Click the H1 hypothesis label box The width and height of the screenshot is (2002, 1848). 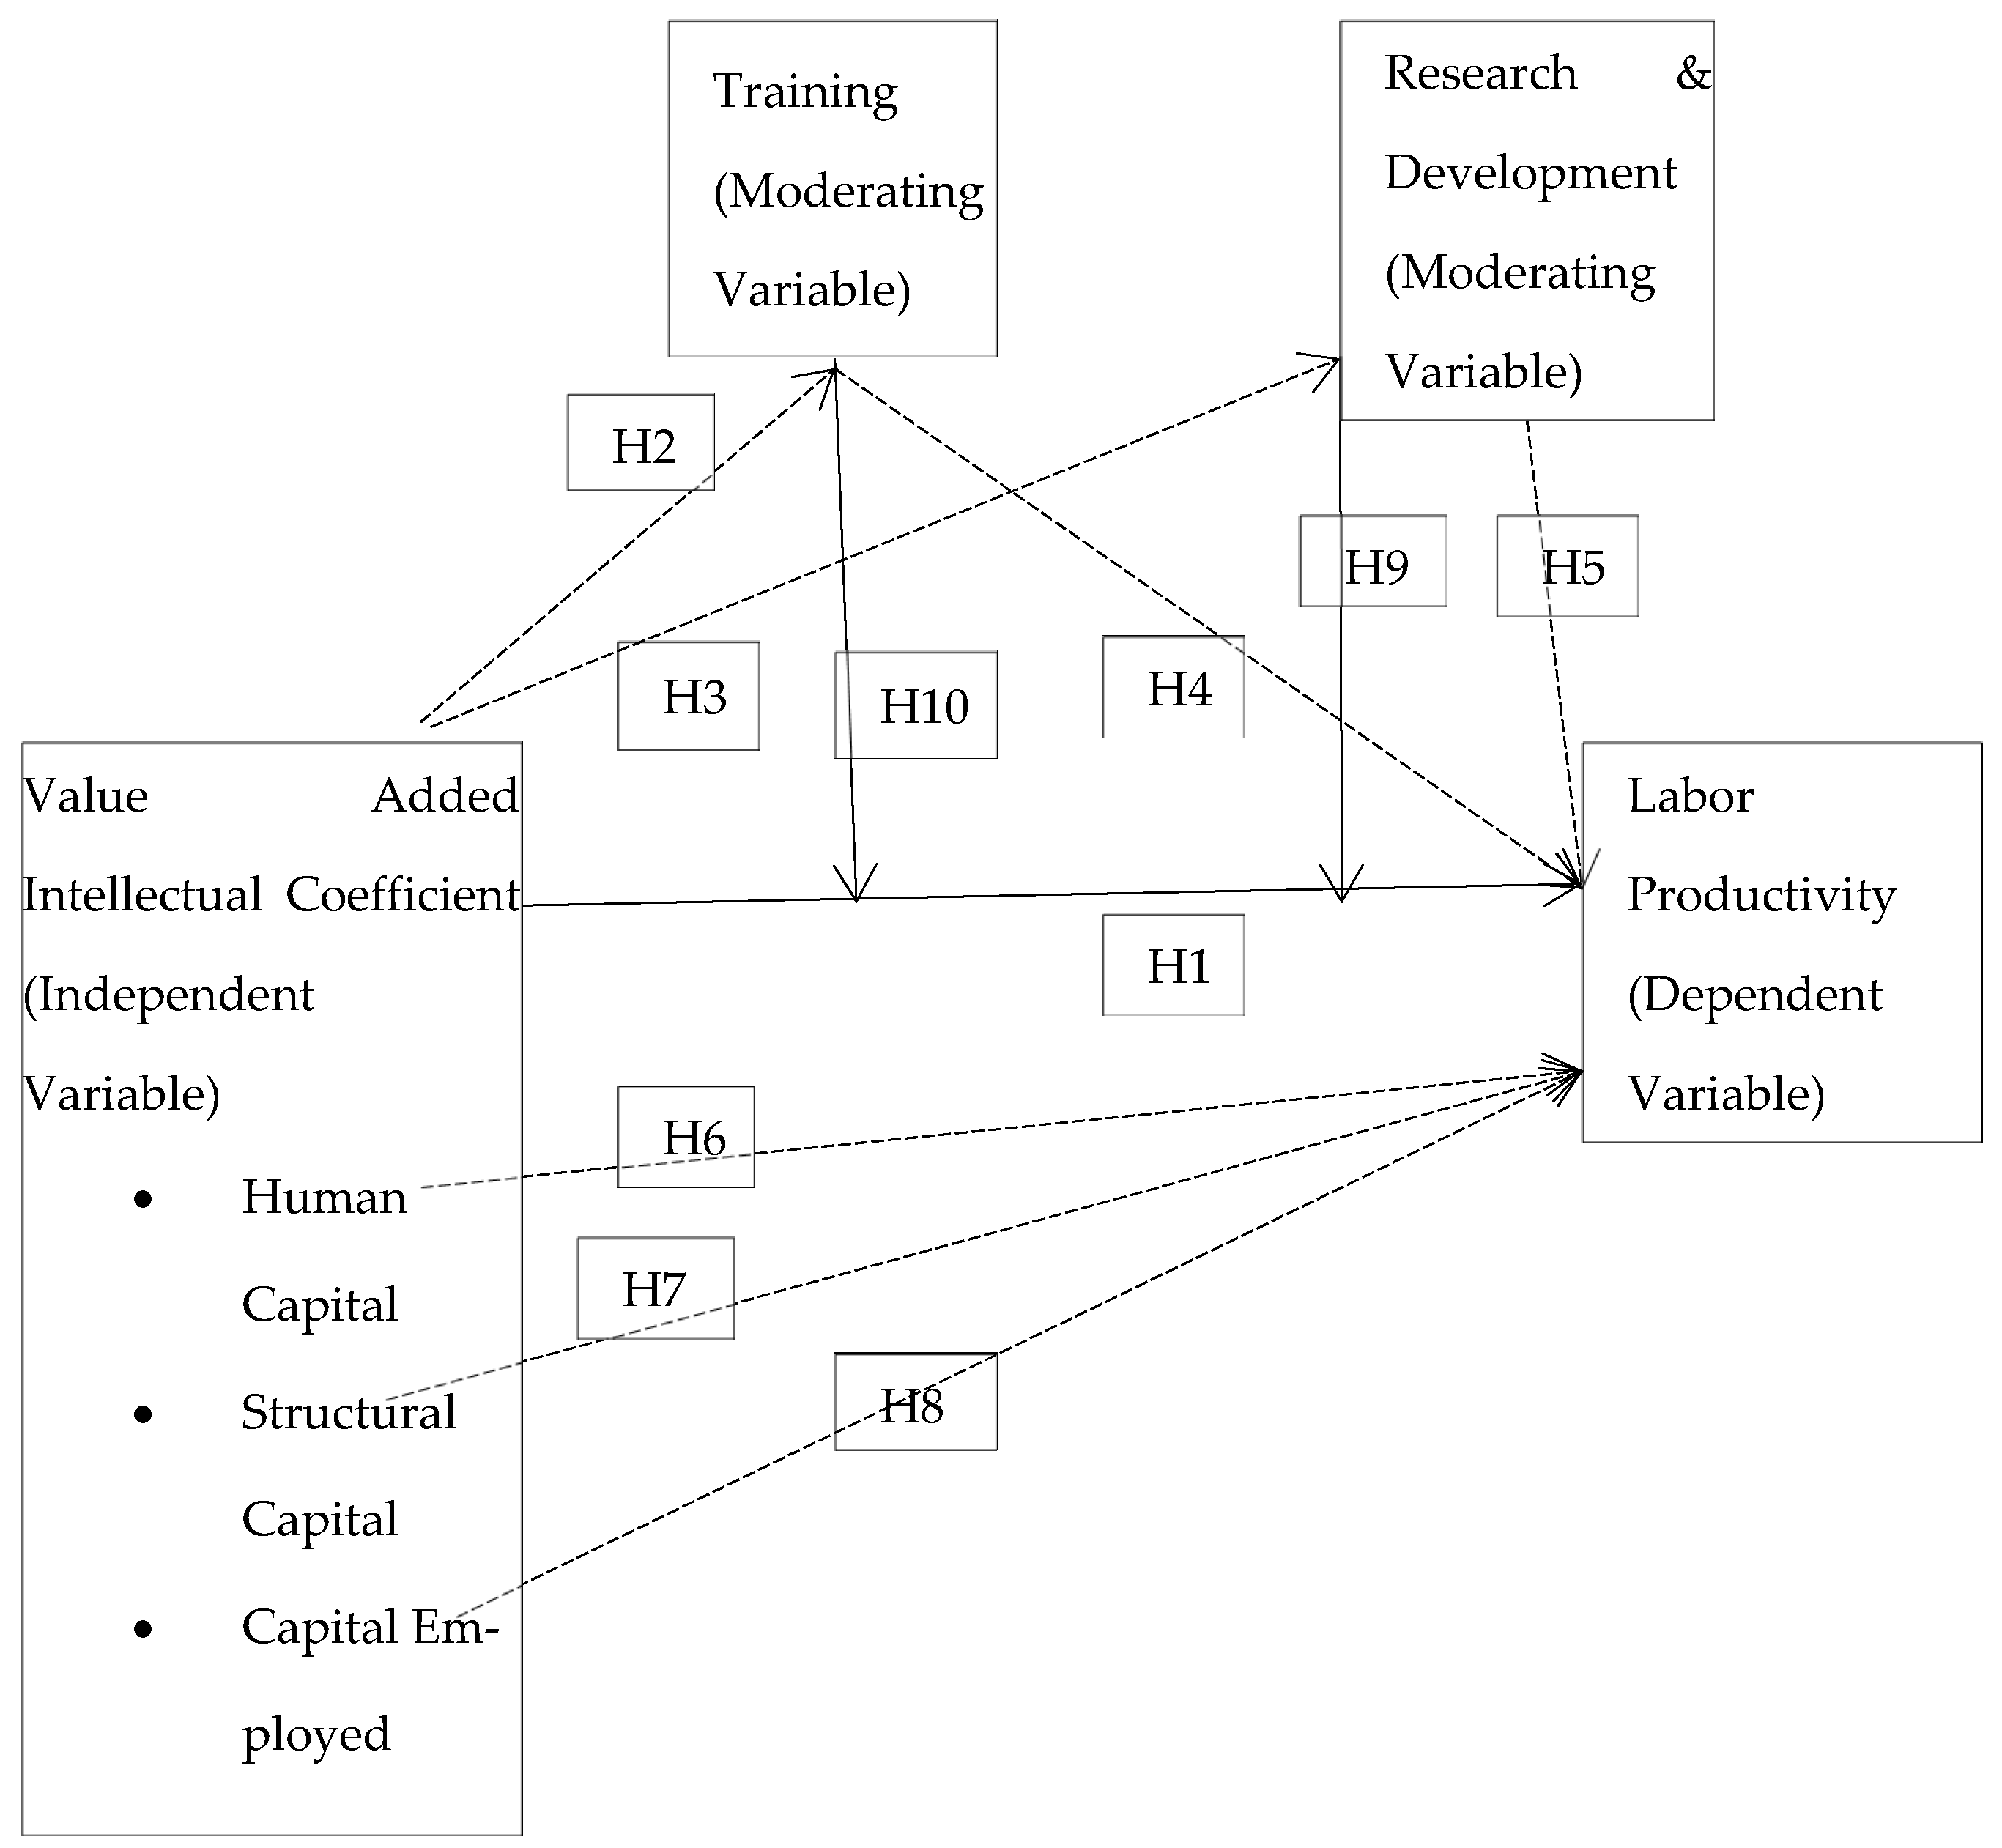(1173, 965)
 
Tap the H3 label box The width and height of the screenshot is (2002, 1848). (688, 696)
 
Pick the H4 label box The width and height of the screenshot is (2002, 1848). (1173, 687)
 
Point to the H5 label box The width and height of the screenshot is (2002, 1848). (1567, 566)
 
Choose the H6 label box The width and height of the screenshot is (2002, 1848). (686, 1137)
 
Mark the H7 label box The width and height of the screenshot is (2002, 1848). (655, 1288)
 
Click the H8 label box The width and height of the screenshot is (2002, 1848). (915, 1402)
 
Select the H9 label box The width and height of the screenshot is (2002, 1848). (1373, 562)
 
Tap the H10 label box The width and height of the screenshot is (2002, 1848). (916, 705)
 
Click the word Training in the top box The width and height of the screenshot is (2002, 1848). (805, 93)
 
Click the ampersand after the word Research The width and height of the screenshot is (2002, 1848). (1693, 73)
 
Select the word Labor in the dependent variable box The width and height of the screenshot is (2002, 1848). (1690, 797)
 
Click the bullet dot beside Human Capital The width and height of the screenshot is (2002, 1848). (143, 1199)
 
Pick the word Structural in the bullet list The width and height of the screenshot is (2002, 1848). (348, 1413)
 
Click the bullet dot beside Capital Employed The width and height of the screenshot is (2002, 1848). (143, 1630)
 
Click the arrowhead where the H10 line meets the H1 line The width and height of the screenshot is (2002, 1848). (857, 885)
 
